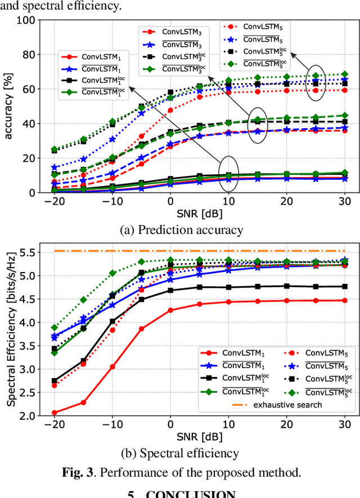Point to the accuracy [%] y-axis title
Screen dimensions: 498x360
tap(10, 106)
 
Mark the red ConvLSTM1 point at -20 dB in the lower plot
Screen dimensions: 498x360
tap(55, 413)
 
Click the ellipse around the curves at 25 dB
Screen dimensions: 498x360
tap(316, 82)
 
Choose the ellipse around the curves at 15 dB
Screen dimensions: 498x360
tap(258, 124)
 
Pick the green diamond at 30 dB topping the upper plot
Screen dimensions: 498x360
tap(344, 74)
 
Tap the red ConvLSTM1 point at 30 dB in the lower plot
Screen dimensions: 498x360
tap(344, 300)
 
